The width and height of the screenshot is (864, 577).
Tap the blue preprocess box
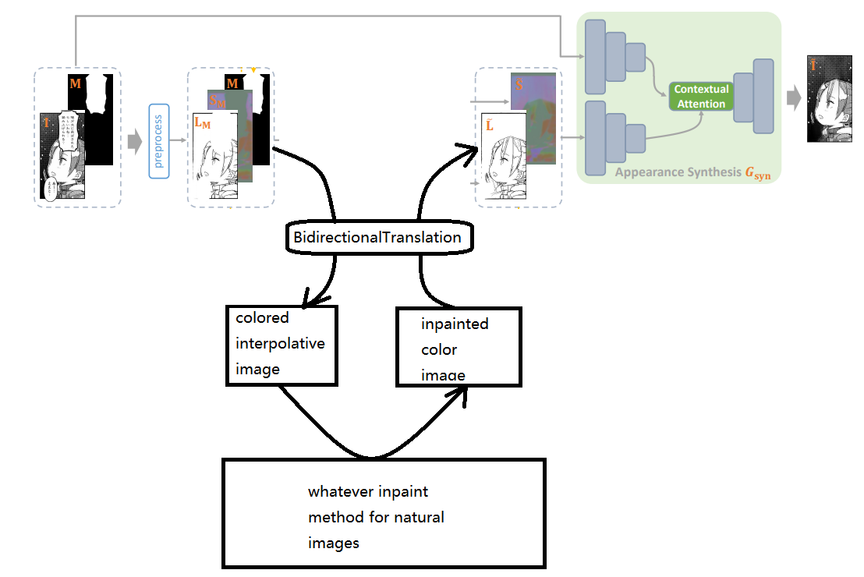click(158, 142)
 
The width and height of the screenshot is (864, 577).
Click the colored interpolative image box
click(282, 345)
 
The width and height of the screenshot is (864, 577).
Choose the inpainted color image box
click(459, 346)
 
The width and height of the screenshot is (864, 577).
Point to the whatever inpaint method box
click(384, 512)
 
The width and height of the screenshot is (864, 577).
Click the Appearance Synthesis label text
click(678, 172)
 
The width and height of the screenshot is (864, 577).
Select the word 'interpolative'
click(280, 343)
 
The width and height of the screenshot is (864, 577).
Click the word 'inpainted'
click(455, 323)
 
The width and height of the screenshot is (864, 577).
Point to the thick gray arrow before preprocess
click(134, 141)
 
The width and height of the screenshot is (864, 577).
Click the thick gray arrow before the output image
click(793, 97)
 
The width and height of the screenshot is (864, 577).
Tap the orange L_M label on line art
click(202, 122)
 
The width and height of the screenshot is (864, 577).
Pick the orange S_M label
click(218, 100)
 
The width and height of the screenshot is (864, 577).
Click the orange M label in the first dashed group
click(76, 82)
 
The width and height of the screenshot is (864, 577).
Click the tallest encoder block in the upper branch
click(595, 50)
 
